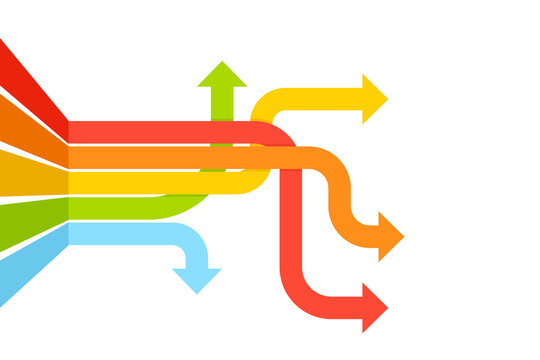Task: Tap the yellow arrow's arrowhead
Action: coord(374,99)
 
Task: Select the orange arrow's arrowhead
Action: coord(390,237)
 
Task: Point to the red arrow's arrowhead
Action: coord(373,307)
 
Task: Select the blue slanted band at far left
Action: coord(30,265)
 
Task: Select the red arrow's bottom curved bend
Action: coord(298,296)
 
